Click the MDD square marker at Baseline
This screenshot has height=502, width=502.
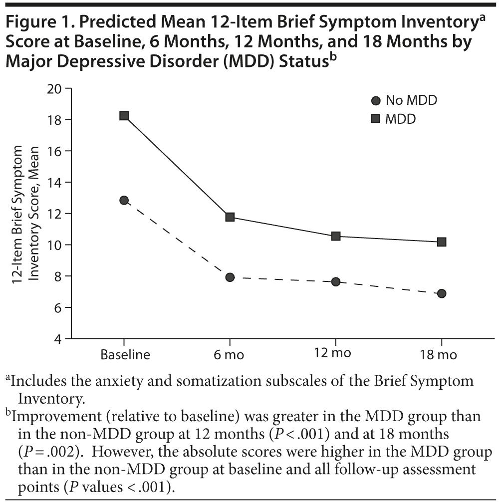(x=124, y=116)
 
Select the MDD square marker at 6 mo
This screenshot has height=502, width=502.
(x=230, y=217)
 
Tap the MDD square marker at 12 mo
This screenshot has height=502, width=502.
(x=336, y=236)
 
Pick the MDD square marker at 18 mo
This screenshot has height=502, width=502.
(x=442, y=242)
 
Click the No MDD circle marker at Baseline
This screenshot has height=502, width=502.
(x=124, y=201)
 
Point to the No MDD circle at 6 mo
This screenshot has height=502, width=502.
(x=230, y=277)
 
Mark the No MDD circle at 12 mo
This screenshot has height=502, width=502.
(x=336, y=281)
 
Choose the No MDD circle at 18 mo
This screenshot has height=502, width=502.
(x=442, y=293)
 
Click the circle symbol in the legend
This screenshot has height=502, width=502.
(x=376, y=101)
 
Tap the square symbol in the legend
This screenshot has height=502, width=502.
(x=376, y=119)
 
